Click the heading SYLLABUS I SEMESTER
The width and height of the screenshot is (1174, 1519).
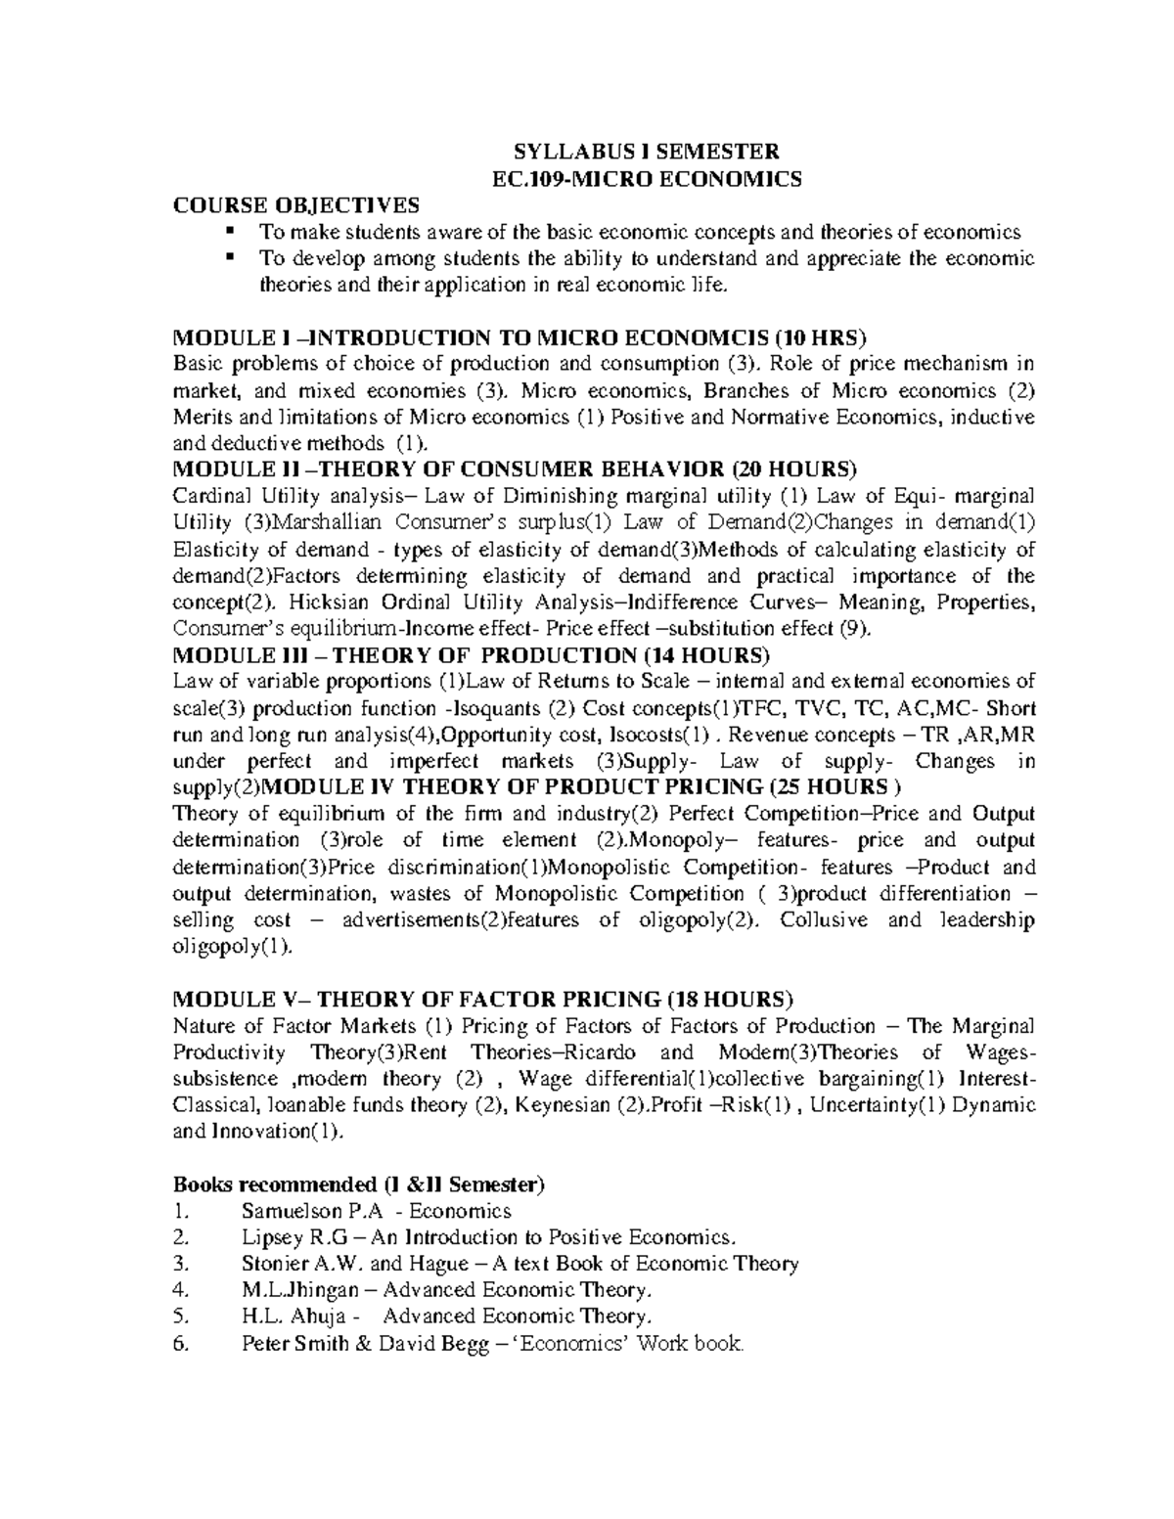647,152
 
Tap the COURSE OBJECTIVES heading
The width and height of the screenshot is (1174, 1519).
295,204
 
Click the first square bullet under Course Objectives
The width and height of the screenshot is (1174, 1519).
231,232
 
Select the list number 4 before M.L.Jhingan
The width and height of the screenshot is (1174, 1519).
178,1290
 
